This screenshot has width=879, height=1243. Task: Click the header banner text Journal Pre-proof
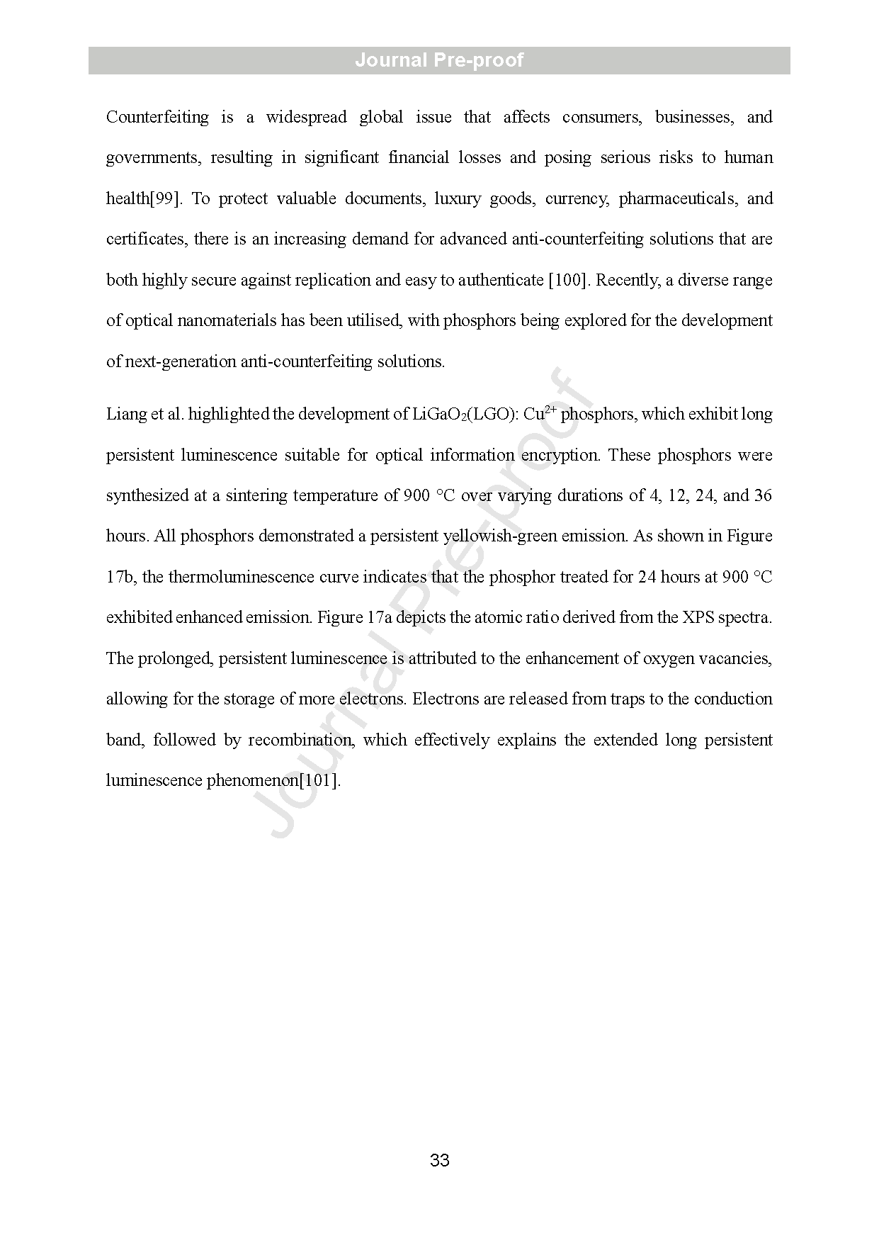(x=439, y=60)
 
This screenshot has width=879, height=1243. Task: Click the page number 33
(x=439, y=1160)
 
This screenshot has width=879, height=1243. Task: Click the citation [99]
(x=166, y=198)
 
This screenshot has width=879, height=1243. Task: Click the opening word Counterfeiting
(x=157, y=117)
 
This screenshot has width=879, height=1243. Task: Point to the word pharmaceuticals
(x=677, y=198)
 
